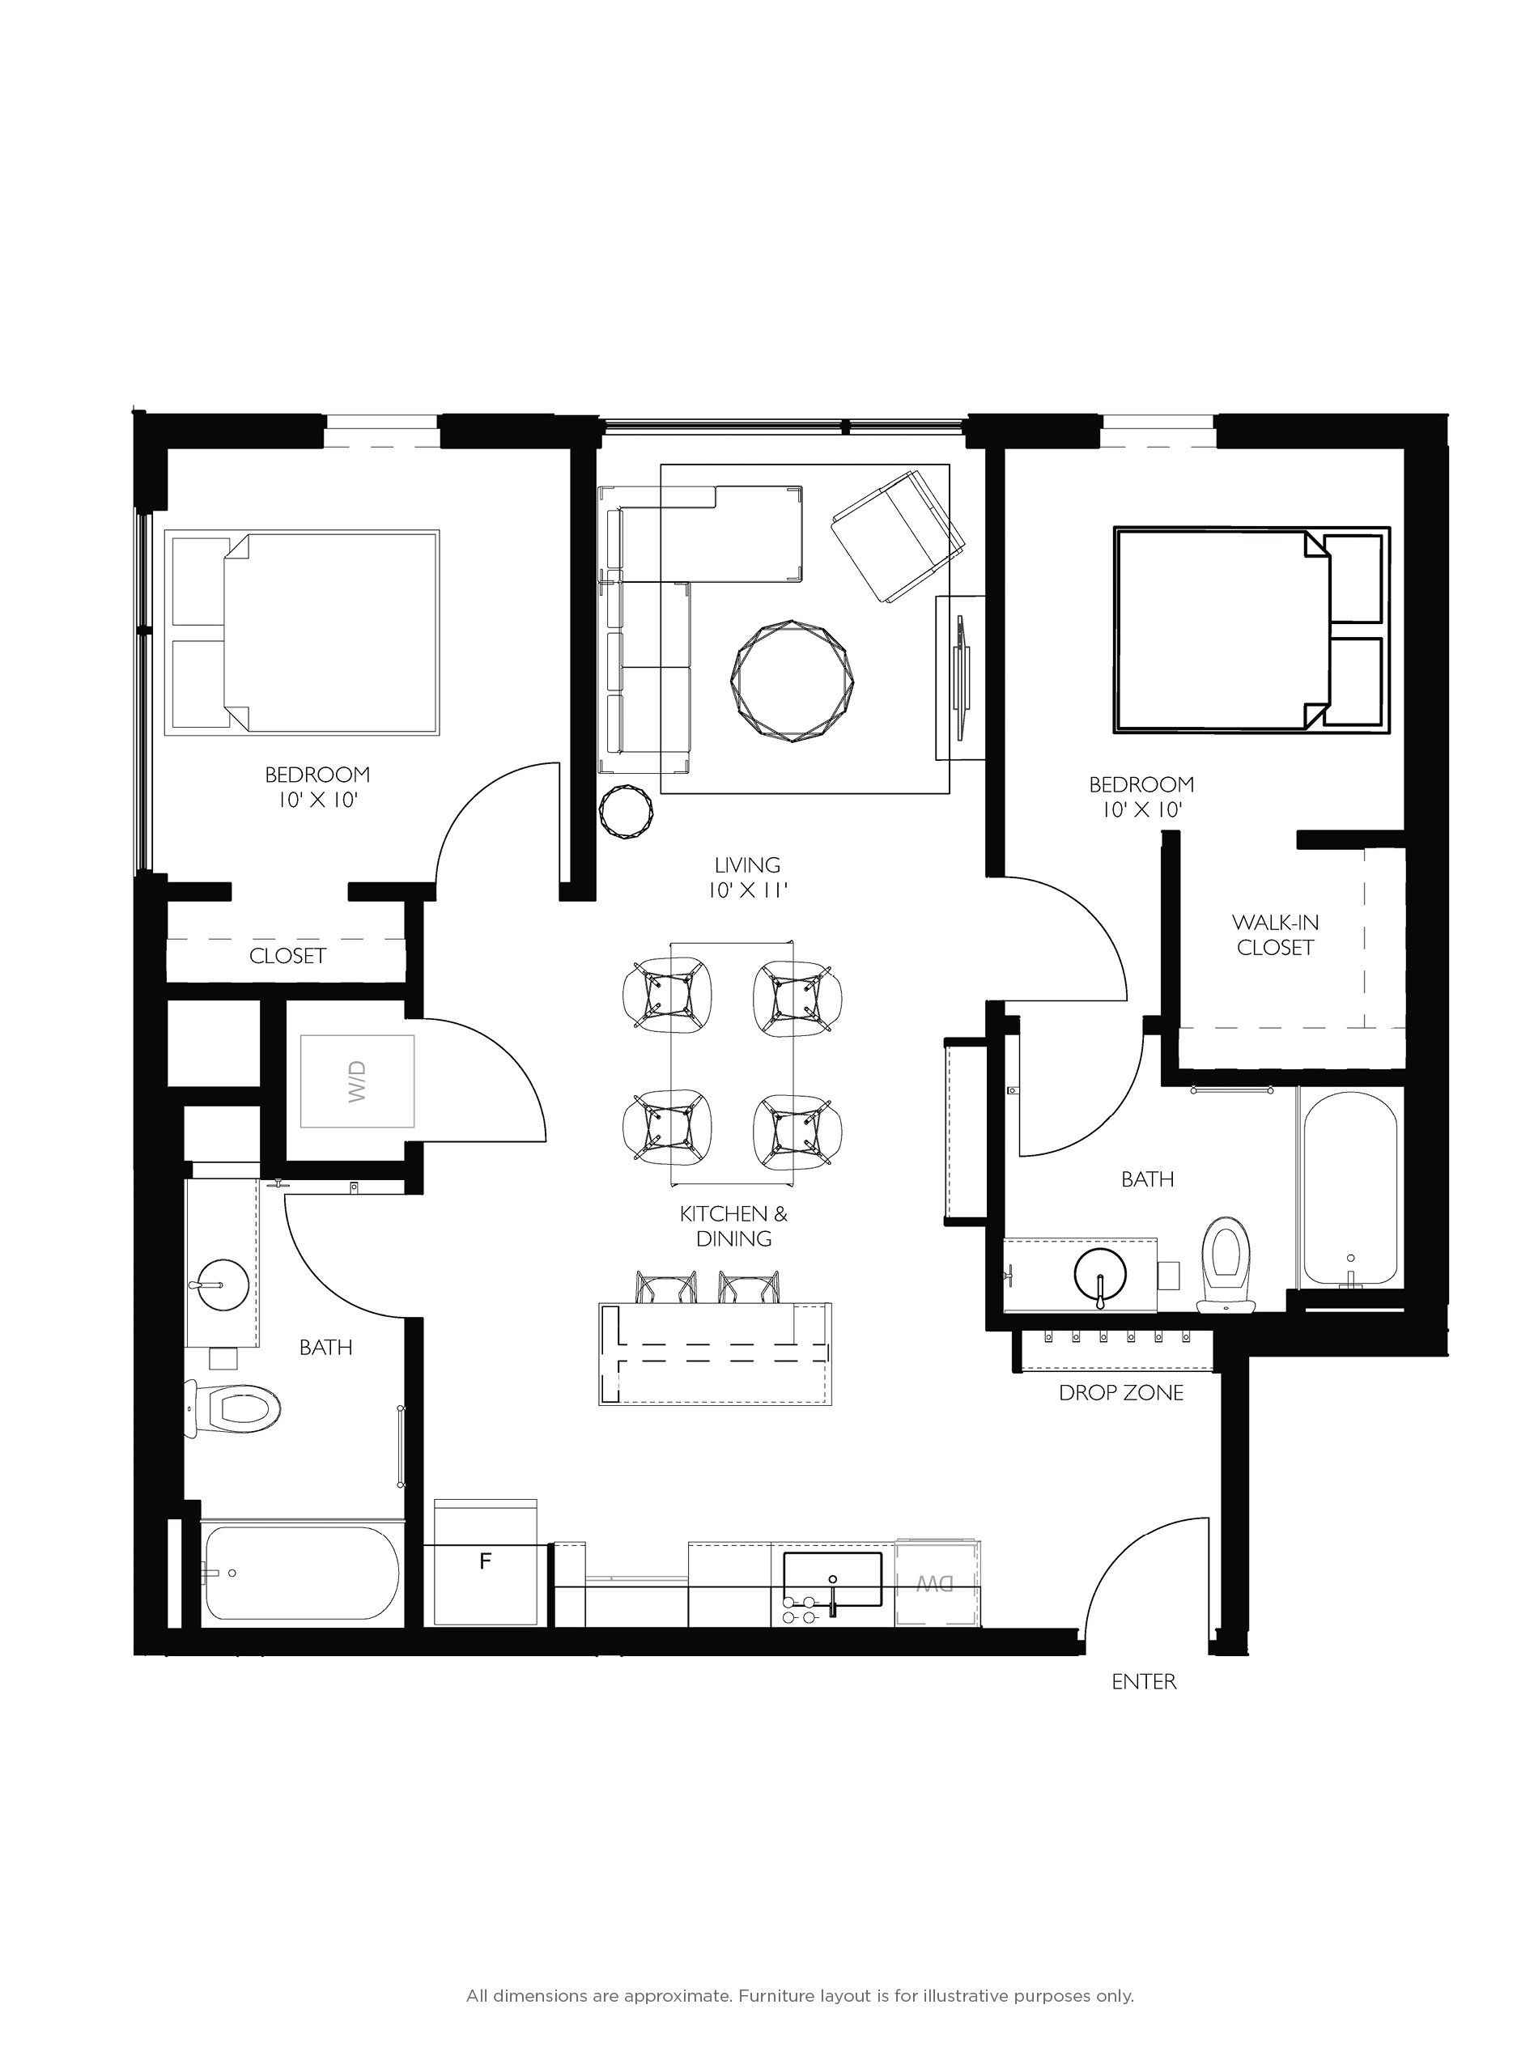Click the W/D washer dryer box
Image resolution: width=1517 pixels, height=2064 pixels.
[x=357, y=1081]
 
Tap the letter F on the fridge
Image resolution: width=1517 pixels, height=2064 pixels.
[x=486, y=1560]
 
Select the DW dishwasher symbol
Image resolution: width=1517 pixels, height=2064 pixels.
[x=935, y=1583]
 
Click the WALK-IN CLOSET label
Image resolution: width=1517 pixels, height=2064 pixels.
[x=1275, y=935]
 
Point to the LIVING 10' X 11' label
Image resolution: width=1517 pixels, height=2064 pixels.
[x=747, y=877]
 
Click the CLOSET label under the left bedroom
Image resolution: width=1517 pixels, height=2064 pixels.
[x=287, y=956]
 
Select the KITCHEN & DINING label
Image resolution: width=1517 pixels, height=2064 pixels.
[x=733, y=1225]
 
